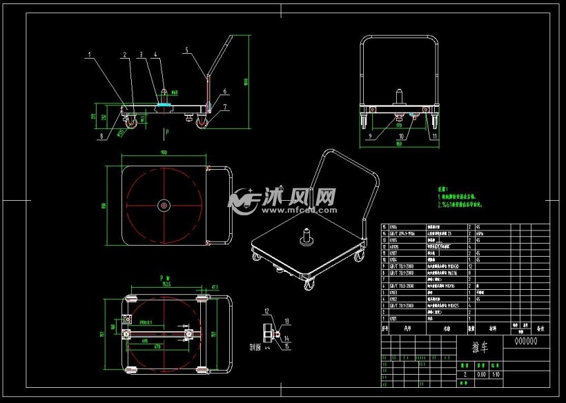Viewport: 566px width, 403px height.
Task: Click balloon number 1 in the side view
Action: [89, 52]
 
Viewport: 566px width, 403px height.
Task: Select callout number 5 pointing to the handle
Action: [186, 49]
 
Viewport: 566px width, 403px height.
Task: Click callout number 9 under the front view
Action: [370, 137]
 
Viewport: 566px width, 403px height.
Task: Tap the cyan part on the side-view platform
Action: [165, 105]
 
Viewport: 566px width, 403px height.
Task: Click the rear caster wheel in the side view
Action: [203, 123]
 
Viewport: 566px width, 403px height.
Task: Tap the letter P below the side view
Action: [165, 130]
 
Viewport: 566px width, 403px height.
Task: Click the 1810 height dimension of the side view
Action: [246, 82]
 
